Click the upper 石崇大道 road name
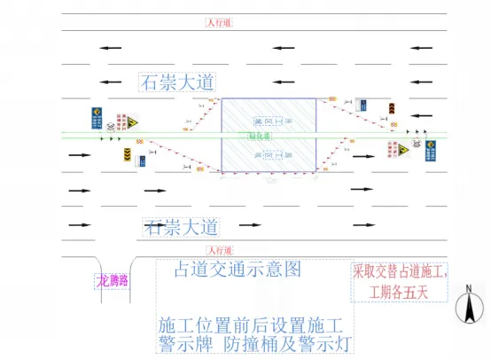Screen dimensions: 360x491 (178, 82)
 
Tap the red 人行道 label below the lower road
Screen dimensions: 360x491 (219, 251)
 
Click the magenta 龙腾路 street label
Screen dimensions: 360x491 (113, 280)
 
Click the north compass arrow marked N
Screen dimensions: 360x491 (467, 305)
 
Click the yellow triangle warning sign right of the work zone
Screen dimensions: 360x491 (392, 148)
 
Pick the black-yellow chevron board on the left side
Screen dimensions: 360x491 (127, 156)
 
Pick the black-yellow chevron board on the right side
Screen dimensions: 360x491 (391, 109)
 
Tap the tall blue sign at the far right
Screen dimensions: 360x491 (429, 150)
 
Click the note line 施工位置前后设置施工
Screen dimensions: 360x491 (255, 323)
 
